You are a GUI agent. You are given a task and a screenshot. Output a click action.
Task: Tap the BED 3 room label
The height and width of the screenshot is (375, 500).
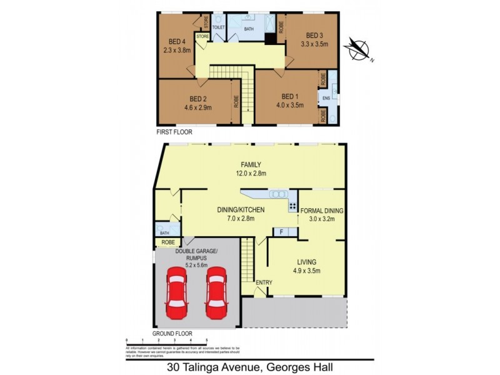(315, 36)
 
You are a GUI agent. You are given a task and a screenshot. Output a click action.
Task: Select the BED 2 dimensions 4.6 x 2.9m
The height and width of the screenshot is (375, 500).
(198, 107)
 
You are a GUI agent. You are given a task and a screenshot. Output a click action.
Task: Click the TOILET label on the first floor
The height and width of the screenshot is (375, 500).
(219, 28)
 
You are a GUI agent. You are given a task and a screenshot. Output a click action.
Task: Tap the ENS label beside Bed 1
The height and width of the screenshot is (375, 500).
(326, 98)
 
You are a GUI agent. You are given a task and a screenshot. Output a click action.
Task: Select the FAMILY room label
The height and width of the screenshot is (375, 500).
(248, 165)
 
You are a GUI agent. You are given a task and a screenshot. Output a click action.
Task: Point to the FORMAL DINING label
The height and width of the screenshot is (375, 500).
(322, 211)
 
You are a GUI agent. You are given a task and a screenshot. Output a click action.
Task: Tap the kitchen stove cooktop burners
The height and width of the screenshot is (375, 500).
(292, 206)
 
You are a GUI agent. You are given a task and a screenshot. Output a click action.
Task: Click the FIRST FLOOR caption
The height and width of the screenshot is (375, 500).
(174, 132)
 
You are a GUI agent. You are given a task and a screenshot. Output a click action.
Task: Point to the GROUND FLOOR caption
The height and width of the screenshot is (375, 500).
(172, 334)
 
